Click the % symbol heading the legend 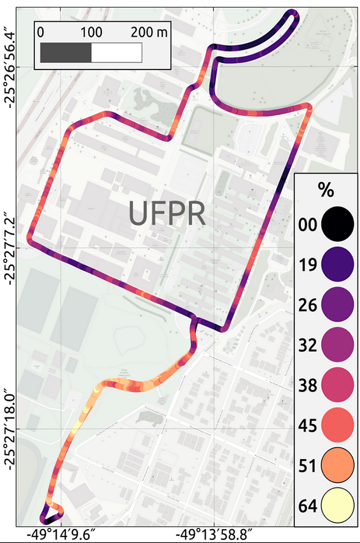[x=326, y=191]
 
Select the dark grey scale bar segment [x=65, y=52]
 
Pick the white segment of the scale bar [x=116, y=52]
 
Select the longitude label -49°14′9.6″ [x=60, y=534]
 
